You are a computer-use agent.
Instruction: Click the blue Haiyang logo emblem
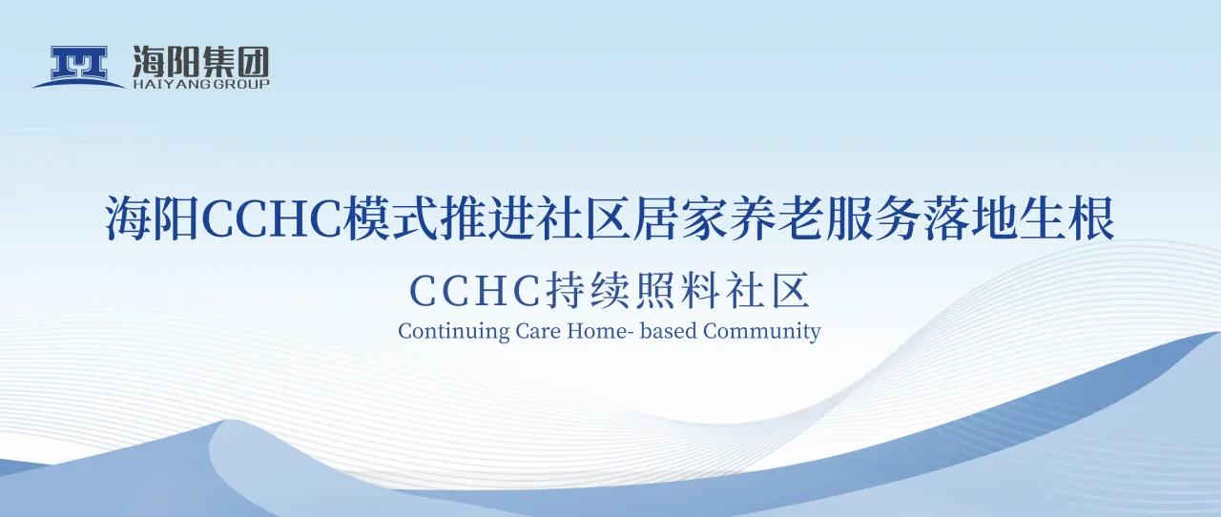78,67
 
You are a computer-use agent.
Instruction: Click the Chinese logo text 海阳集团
201,61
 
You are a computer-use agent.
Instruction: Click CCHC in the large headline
272,218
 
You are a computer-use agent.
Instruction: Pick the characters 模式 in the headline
391,218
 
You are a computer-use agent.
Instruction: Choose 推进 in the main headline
487,218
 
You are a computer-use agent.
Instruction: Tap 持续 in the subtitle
582,291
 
